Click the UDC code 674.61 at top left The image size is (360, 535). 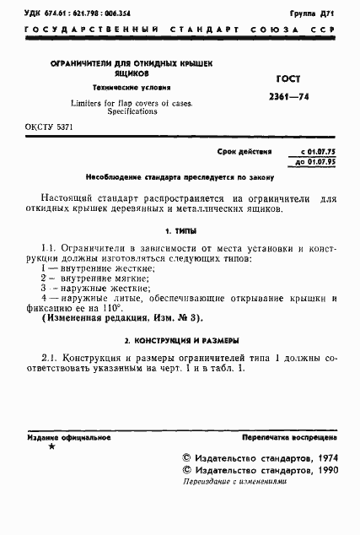click(x=44, y=14)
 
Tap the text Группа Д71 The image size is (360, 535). click(x=314, y=14)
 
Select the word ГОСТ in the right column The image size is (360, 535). click(x=287, y=78)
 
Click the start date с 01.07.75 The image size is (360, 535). click(x=312, y=153)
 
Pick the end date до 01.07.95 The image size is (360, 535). click(x=312, y=161)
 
